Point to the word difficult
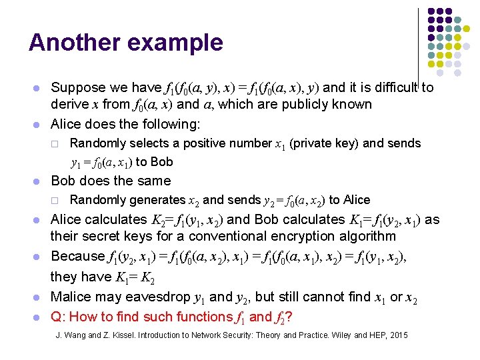(390, 87)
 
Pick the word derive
(69, 104)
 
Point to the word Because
(77, 255)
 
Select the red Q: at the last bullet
(59, 317)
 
